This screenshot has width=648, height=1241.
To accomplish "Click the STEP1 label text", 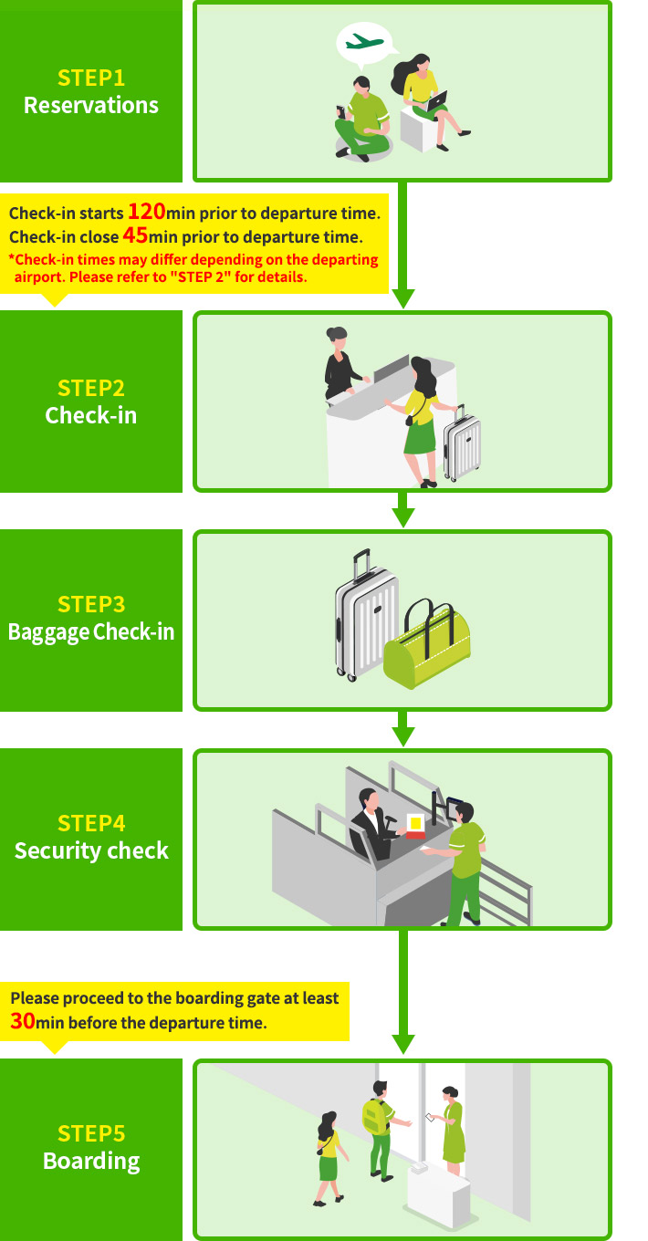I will [x=91, y=78].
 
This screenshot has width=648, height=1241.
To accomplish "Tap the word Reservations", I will [x=91, y=106].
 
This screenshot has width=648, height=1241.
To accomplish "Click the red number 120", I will [x=146, y=212].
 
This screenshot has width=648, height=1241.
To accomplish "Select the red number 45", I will [x=135, y=235].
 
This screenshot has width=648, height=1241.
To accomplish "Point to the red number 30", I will [x=23, y=1021].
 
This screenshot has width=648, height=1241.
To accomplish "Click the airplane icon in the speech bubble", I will [x=364, y=42].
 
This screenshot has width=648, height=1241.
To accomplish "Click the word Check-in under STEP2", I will [x=91, y=416].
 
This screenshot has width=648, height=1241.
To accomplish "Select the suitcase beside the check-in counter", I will [x=462, y=445].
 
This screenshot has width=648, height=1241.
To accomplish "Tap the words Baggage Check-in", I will [x=91, y=632].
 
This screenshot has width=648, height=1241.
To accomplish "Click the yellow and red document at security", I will [x=416, y=826].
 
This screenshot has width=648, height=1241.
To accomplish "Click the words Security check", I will [x=91, y=851].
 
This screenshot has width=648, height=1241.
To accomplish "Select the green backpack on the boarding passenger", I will [x=374, y=1116].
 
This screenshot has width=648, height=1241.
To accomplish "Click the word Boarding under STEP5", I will [x=91, y=1162].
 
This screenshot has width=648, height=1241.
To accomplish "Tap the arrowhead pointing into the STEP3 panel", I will [x=402, y=517].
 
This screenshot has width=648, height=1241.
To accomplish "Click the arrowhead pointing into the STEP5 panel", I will [x=402, y=1044].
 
